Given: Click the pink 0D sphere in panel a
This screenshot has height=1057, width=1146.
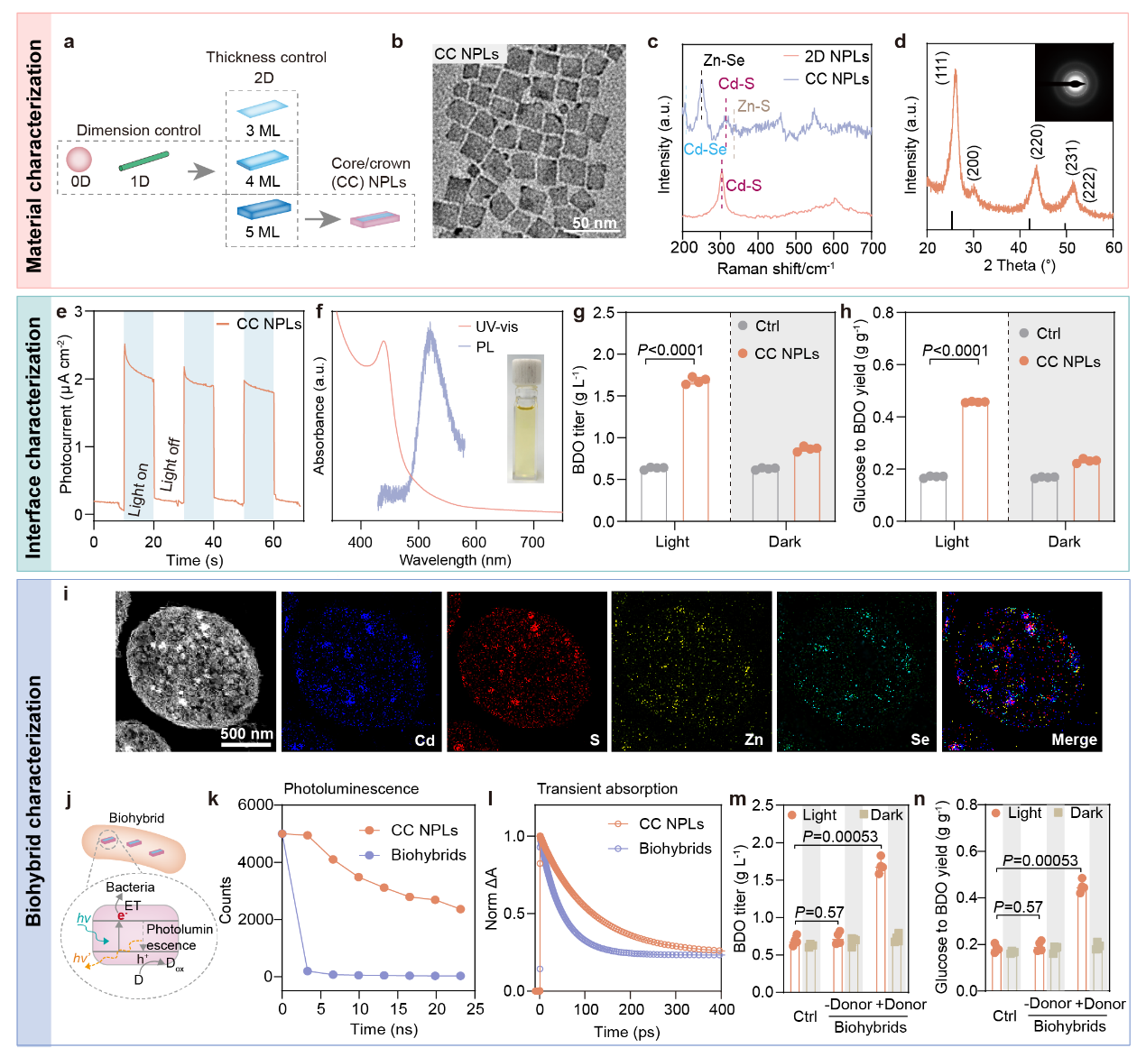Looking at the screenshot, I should [79, 160].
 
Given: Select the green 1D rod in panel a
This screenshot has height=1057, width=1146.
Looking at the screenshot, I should [143, 161].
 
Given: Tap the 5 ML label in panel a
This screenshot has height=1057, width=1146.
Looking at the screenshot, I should [263, 232].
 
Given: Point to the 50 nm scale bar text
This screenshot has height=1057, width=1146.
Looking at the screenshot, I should [595, 223].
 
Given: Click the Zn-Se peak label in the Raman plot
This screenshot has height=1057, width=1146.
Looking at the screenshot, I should [724, 60].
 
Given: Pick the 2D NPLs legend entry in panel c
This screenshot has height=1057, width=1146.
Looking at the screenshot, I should [836, 56].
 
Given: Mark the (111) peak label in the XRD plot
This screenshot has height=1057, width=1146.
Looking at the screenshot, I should [942, 69].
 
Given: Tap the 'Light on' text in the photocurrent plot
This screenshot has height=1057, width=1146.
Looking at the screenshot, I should [138, 489].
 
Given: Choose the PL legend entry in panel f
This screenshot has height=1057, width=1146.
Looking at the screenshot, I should [485, 347].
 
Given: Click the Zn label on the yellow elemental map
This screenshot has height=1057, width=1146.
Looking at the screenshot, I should [753, 740].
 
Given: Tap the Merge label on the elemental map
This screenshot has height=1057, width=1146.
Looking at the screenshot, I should [1074, 740].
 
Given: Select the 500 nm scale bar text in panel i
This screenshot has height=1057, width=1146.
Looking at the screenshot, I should [246, 733].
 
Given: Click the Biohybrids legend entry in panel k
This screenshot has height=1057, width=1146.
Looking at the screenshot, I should [428, 855].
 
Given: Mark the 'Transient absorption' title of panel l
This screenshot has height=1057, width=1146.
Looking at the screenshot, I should [607, 789].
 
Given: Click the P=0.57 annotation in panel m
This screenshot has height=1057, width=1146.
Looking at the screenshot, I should [819, 913].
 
